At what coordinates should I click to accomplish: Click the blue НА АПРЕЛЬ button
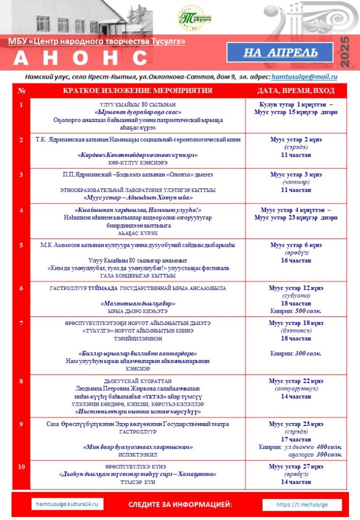pyautogui.click(x=280, y=52)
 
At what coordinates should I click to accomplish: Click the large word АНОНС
pyautogui.click(x=80, y=58)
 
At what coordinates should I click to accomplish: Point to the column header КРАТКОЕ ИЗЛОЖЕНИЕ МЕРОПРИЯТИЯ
pyautogui.click(x=138, y=90)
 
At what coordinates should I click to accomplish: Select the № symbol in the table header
pyautogui.click(x=21, y=90)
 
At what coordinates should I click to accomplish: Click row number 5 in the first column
pyautogui.click(x=21, y=245)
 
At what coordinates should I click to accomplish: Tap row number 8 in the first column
pyautogui.click(x=21, y=381)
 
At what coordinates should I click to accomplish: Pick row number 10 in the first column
pyautogui.click(x=21, y=467)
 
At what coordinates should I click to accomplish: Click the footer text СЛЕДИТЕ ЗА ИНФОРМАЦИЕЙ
pyautogui.click(x=180, y=504)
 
